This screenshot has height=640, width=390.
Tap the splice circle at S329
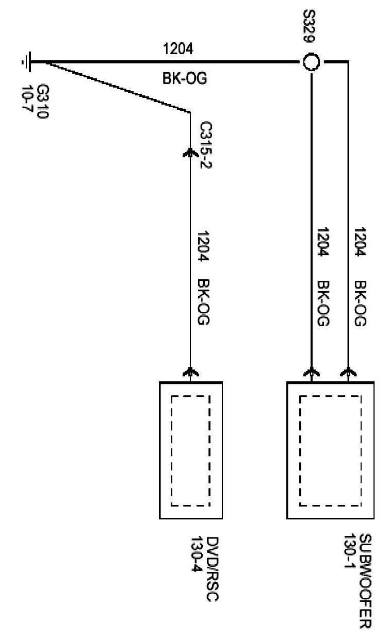[311, 62]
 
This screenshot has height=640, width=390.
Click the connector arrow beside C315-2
[190, 153]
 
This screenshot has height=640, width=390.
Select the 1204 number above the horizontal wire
[178, 49]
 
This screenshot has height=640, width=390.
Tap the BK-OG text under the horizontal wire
[178, 79]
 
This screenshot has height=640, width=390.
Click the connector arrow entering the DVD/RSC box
[190, 372]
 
